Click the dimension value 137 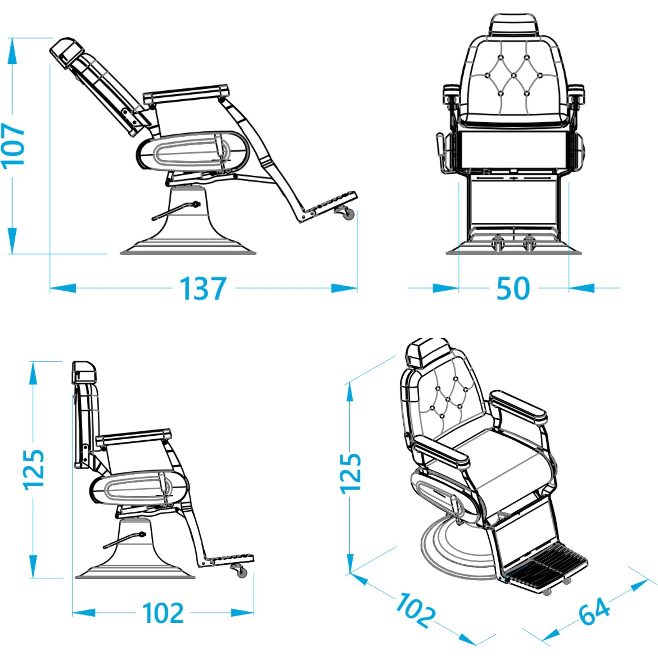[203, 289]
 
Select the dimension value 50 [513, 289]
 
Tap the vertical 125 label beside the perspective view [350, 473]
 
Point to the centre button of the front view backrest [513, 74]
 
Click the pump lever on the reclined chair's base [175, 210]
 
